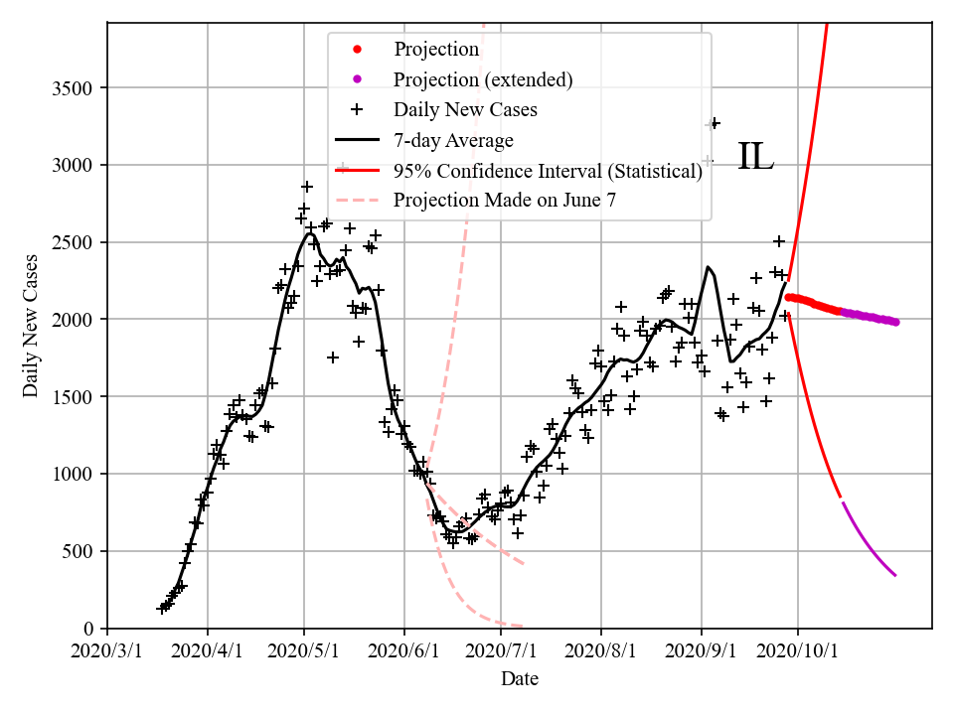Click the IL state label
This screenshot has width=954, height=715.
click(x=755, y=157)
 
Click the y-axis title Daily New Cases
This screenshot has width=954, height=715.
click(x=31, y=326)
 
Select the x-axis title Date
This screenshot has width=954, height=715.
click(x=520, y=679)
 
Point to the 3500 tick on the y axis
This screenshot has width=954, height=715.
click(x=72, y=88)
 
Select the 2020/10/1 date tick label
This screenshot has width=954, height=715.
click(x=797, y=651)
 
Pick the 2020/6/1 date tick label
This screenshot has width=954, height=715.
click(x=403, y=651)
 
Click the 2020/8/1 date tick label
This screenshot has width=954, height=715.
click(x=600, y=651)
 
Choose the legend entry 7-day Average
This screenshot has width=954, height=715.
click(x=453, y=140)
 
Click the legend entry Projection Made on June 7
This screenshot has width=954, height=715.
click(x=505, y=201)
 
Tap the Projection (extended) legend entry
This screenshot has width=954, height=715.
click(x=483, y=79)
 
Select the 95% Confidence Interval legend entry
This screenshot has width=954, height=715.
click(x=548, y=171)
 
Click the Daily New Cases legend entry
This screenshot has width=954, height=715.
click(x=465, y=109)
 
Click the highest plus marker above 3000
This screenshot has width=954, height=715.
click(x=713, y=123)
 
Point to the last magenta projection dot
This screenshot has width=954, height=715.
click(x=895, y=322)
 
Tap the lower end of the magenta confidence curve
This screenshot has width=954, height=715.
click(x=895, y=575)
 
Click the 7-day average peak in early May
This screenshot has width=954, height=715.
click(x=309, y=233)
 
